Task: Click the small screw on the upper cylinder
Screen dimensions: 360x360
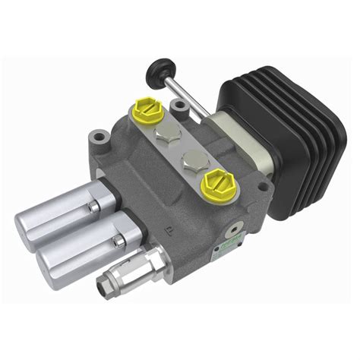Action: click(x=95, y=206)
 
